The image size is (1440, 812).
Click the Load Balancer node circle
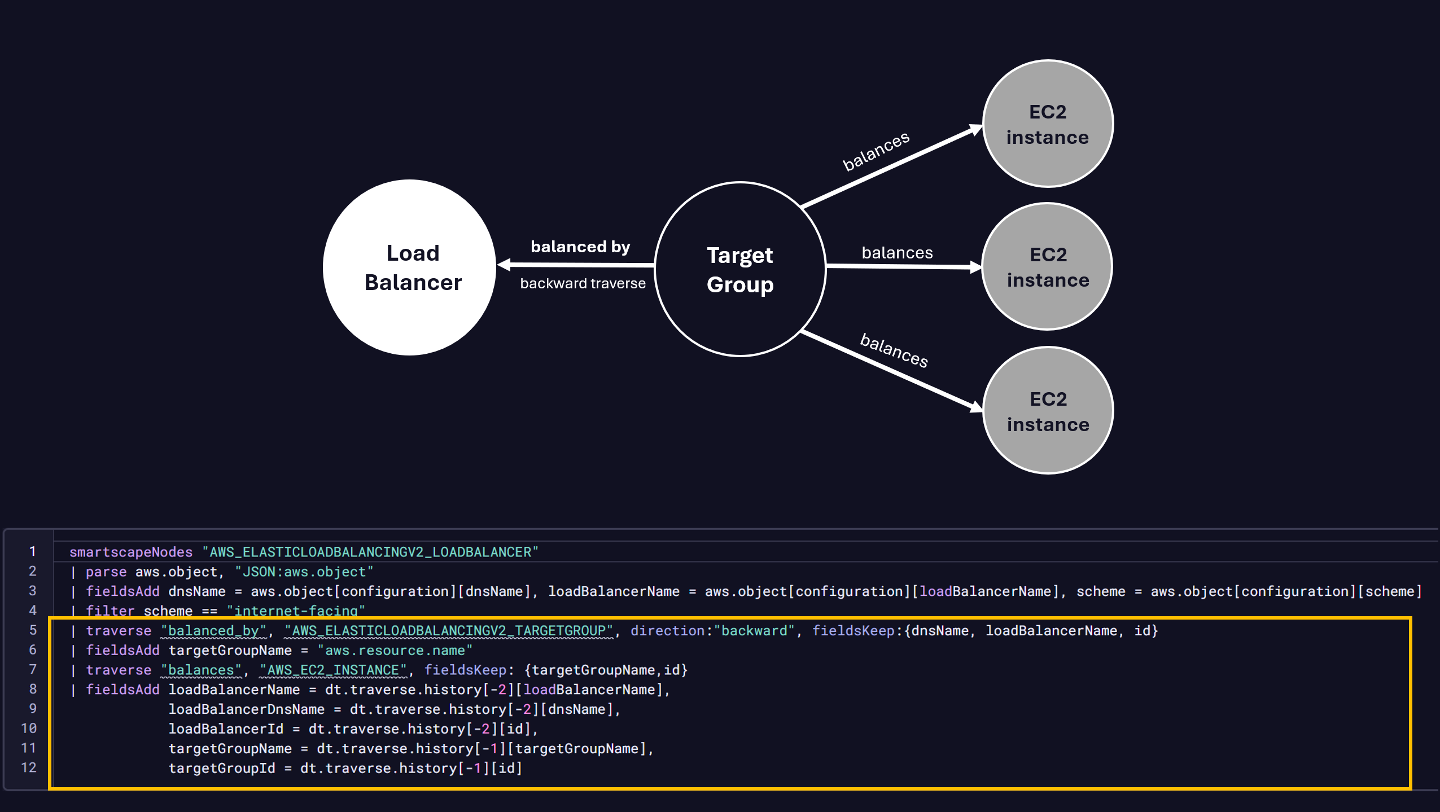[x=410, y=267]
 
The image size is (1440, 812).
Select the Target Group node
[x=740, y=269]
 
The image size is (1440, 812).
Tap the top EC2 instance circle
[x=1048, y=124]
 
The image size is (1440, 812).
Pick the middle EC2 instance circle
[x=1048, y=267]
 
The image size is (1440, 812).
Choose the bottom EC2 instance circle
[x=1048, y=411]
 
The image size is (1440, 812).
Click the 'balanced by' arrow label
[x=580, y=247]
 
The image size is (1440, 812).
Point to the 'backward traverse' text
[x=583, y=283]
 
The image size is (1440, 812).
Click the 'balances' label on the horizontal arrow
[x=897, y=253]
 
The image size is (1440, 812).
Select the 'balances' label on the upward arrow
[x=876, y=151]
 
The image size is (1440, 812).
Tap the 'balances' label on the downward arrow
[x=894, y=350]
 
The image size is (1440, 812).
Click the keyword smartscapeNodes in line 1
[x=130, y=552]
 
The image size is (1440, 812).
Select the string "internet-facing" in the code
[x=296, y=611]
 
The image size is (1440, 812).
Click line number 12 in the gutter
[x=29, y=767]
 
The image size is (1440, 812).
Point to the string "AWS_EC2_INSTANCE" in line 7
[x=333, y=670]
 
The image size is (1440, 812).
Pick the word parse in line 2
[x=106, y=572]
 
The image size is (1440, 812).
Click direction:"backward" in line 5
[x=712, y=630]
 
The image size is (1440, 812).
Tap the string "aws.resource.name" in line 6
[x=395, y=650]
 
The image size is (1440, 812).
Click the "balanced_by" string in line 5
[x=213, y=630]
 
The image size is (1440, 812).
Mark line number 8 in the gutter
[x=33, y=689]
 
